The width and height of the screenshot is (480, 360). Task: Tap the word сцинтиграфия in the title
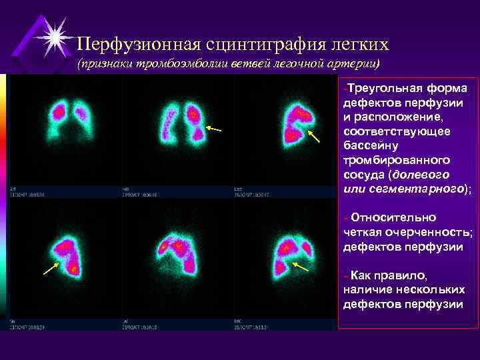click(x=245, y=45)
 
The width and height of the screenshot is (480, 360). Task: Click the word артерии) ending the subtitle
click(x=356, y=63)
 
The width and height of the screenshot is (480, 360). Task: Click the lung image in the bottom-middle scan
click(x=179, y=253)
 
